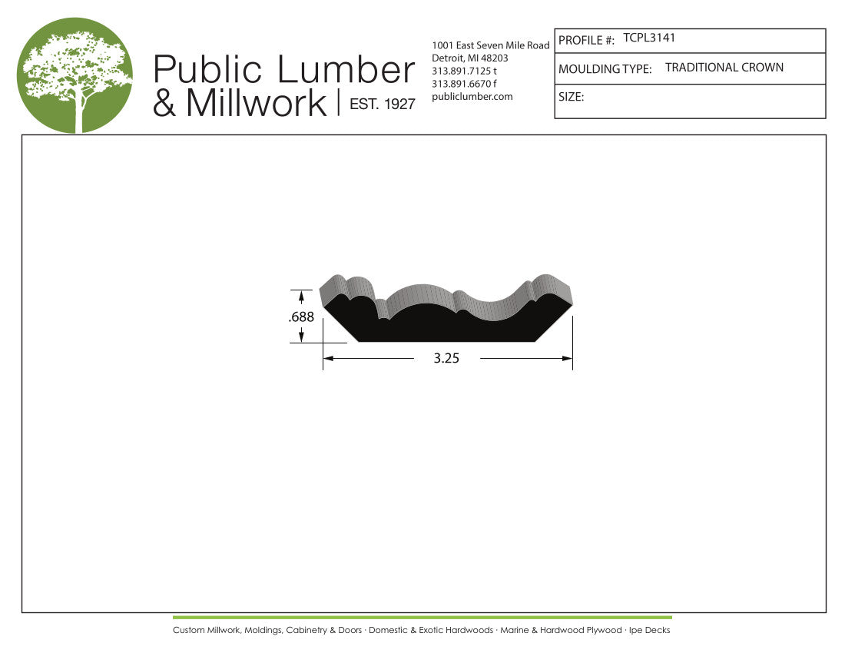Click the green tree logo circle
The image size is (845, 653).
(x=75, y=75)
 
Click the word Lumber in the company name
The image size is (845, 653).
(x=346, y=69)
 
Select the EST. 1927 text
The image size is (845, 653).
(x=382, y=104)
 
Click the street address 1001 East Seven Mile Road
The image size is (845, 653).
(x=490, y=45)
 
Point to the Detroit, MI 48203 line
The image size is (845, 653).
(x=470, y=58)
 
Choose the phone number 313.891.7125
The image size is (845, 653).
(x=461, y=71)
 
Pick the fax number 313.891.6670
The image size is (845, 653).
(x=461, y=84)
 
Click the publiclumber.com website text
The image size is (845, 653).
(x=472, y=97)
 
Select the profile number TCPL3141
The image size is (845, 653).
(x=649, y=38)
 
